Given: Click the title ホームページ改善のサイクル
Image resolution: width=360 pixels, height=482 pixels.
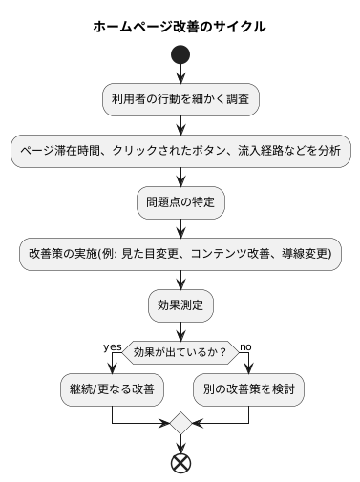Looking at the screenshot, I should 180,27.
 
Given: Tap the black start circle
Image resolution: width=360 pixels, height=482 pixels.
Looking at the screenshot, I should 180,55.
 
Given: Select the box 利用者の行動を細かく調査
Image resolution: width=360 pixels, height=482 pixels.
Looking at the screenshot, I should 180,98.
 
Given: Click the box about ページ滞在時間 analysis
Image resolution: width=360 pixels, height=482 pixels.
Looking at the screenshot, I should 180,150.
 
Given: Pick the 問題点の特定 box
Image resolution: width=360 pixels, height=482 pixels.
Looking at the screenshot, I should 180,201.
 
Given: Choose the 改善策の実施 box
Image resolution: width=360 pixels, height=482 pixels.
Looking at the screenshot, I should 180,254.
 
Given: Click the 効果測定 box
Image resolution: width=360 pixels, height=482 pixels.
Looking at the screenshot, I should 180,305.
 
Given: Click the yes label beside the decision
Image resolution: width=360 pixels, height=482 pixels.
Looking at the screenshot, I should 113,346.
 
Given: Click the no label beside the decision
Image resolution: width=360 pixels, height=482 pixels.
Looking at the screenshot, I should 246,346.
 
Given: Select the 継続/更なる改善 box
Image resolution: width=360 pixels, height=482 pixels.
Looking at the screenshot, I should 113,388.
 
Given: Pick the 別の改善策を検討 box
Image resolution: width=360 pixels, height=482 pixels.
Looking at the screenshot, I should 248,388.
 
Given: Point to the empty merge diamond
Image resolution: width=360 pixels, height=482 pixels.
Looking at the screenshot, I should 180,423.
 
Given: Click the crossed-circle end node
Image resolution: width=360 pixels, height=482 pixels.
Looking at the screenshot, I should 180,463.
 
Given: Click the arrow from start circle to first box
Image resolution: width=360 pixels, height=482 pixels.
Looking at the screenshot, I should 180,74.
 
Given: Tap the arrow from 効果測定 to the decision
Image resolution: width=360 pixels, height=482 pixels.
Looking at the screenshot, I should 180,330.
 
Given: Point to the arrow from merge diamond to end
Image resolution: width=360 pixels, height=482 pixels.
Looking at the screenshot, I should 180,444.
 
